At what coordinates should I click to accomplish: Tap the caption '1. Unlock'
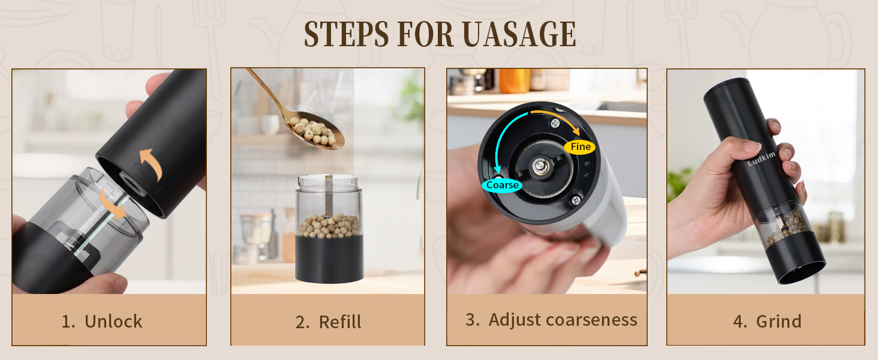pyautogui.click(x=102, y=322)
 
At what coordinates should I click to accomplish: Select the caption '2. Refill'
pyautogui.click(x=328, y=322)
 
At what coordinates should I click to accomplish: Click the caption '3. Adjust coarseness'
pyautogui.click(x=551, y=320)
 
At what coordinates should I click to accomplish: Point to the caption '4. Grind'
pyautogui.click(x=767, y=322)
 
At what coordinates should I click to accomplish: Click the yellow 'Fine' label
pyautogui.click(x=580, y=147)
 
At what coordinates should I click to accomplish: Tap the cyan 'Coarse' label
pyautogui.click(x=502, y=185)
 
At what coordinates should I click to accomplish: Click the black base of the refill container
pyautogui.click(x=329, y=258)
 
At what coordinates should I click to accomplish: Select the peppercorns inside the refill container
pyautogui.click(x=329, y=226)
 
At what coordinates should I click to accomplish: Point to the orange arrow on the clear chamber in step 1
pyautogui.click(x=113, y=204)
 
